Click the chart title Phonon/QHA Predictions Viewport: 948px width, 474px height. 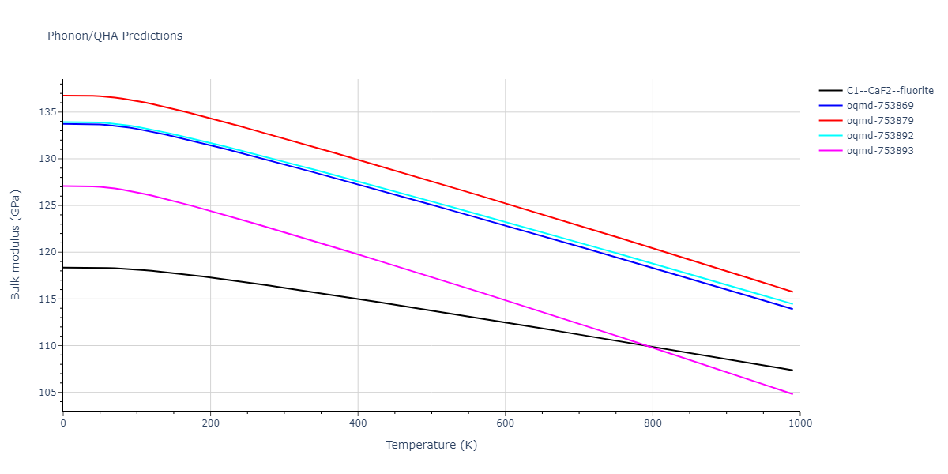[x=115, y=36]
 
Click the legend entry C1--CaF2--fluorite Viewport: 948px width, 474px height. [x=890, y=91]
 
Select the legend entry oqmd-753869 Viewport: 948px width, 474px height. [x=880, y=106]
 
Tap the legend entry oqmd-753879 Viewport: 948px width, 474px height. [x=880, y=121]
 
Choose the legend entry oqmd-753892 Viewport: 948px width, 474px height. [x=880, y=136]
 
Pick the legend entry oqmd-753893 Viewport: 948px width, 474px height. [x=880, y=151]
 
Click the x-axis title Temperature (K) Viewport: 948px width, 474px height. [x=431, y=445]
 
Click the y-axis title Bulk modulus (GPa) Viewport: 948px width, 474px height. [x=16, y=244]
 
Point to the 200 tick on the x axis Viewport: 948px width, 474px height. [x=210, y=423]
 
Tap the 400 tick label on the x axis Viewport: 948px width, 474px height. [x=358, y=423]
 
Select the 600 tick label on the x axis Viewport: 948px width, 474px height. [x=505, y=423]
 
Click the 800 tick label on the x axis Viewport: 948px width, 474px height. [x=653, y=423]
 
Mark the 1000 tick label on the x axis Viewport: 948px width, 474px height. [x=799, y=423]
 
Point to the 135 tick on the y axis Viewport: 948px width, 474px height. [x=48, y=112]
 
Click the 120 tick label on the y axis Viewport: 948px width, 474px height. [x=48, y=253]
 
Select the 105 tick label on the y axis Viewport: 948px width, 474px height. [x=48, y=393]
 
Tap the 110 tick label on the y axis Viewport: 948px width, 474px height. [x=48, y=346]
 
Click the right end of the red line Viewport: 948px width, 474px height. [x=792, y=292]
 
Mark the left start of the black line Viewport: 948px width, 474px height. [x=63, y=268]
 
